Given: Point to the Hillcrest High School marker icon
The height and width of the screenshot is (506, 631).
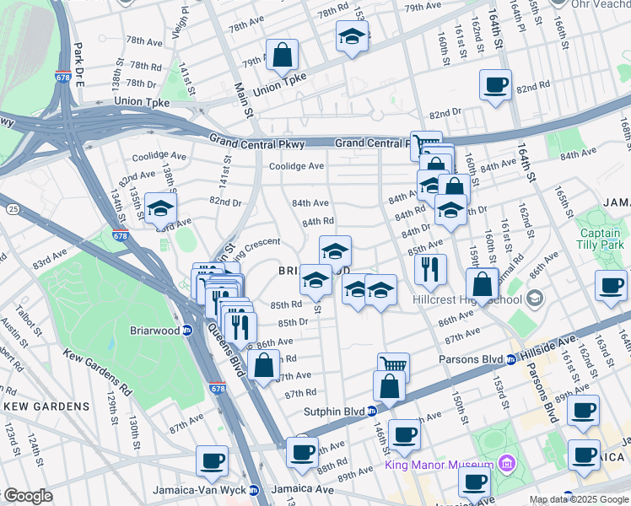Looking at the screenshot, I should [x=534, y=299].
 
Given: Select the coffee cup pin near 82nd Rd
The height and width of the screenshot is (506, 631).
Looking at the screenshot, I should [x=495, y=84].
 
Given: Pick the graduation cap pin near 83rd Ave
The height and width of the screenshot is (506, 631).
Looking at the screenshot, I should [x=160, y=209].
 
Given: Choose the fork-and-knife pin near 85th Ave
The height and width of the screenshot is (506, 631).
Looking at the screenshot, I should [x=430, y=269].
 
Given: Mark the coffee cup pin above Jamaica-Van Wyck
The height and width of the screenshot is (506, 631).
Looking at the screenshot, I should [x=212, y=460].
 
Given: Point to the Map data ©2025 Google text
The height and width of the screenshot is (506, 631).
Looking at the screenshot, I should [x=579, y=499].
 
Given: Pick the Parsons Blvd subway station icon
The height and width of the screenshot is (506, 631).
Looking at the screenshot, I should [x=511, y=360].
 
